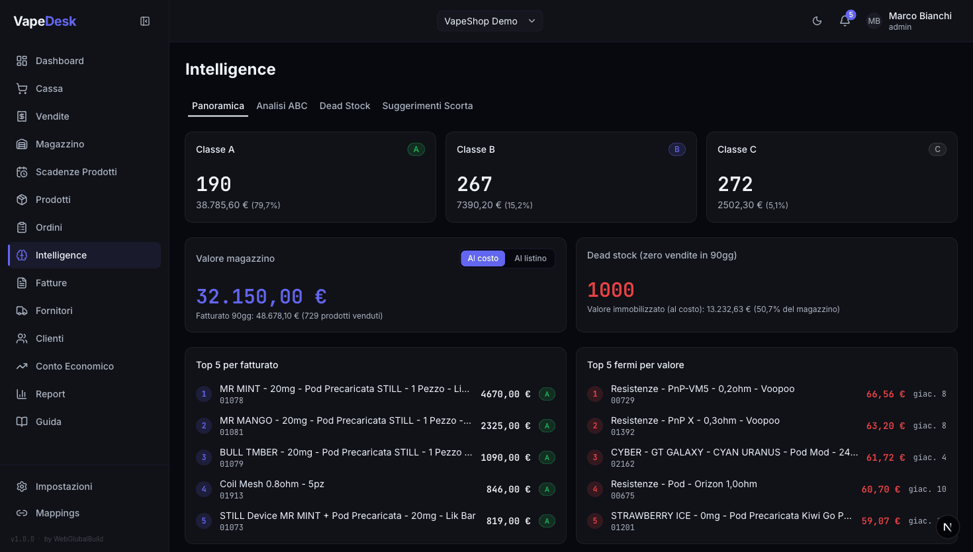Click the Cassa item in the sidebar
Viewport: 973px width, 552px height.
[x=49, y=89]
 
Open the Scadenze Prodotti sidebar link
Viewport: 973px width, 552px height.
[x=76, y=172]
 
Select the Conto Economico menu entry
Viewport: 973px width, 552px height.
[x=74, y=366]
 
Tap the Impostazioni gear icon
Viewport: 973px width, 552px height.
[x=22, y=487]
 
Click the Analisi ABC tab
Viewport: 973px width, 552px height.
[x=282, y=106]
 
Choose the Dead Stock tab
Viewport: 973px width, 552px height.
[x=345, y=106]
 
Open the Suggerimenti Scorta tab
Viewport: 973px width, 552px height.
[x=428, y=106]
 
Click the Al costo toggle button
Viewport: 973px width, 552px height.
[x=483, y=258]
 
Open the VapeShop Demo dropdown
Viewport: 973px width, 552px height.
[x=490, y=21]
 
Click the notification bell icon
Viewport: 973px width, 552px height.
[x=845, y=21]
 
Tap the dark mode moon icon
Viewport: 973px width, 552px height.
[x=817, y=21]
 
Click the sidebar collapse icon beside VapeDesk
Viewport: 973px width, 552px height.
[x=145, y=21]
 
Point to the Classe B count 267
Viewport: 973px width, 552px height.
[x=475, y=184]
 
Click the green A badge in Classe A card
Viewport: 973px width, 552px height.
[x=416, y=149]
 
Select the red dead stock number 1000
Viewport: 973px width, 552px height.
[x=611, y=290]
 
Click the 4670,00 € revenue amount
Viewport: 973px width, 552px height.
[x=506, y=394]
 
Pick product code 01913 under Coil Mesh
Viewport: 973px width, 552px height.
[x=232, y=496]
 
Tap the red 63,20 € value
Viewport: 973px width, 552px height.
[x=886, y=426]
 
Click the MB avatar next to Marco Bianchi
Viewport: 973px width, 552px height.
[x=874, y=21]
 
